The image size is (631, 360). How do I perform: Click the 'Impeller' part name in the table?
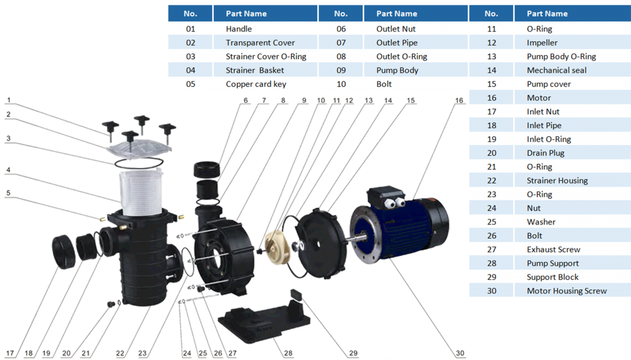click(x=542, y=43)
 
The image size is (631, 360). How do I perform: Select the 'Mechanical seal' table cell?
click(x=556, y=70)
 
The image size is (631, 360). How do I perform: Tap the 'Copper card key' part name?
click(x=256, y=84)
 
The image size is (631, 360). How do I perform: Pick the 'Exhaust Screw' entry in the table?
click(x=553, y=250)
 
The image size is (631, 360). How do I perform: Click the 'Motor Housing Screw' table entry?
click(x=567, y=291)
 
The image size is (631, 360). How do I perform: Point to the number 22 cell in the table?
click(x=491, y=181)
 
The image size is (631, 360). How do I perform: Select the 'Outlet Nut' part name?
click(x=396, y=29)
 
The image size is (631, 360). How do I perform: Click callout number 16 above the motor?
click(x=459, y=100)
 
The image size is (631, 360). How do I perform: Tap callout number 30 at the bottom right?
click(x=460, y=353)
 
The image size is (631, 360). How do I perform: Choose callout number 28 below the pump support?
click(x=288, y=353)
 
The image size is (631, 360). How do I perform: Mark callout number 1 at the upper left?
click(x=9, y=100)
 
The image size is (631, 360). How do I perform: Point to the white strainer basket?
click(x=141, y=192)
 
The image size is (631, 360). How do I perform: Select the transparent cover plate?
click(x=139, y=149)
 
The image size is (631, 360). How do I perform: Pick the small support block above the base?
click(x=298, y=295)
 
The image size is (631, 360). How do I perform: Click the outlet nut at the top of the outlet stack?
click(x=207, y=170)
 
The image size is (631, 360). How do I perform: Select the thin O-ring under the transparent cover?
click(x=139, y=163)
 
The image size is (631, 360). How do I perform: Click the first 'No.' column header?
click(x=190, y=14)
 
